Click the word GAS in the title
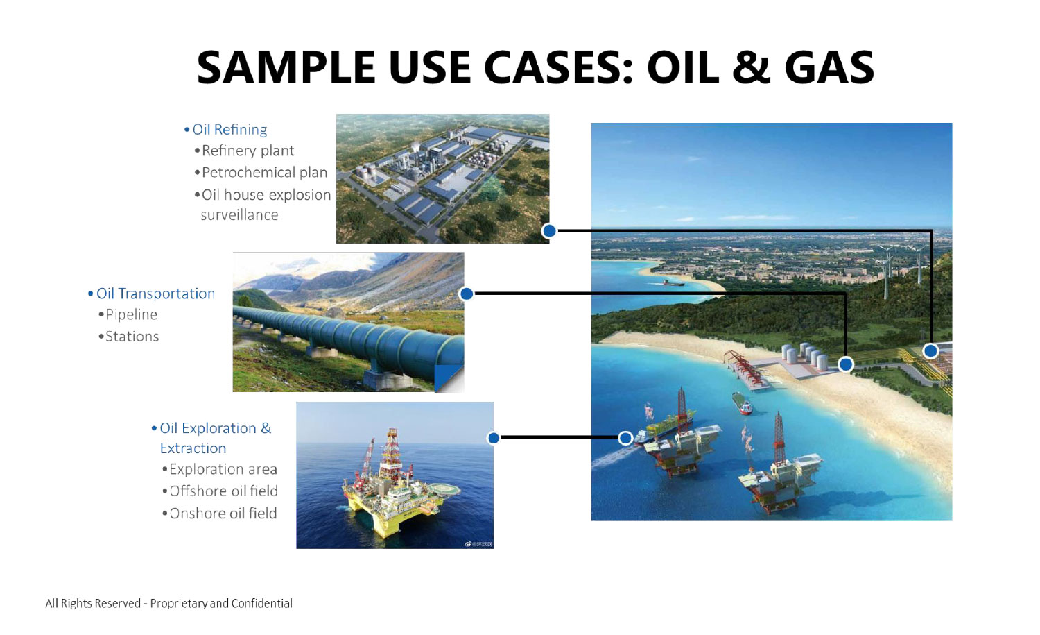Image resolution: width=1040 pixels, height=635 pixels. pyautogui.click(x=829, y=67)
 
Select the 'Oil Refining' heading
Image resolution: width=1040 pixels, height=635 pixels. pyautogui.click(x=229, y=130)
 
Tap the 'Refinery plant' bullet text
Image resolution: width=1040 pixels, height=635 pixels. pyautogui.click(x=248, y=151)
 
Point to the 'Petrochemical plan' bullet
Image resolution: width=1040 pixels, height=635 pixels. pyautogui.click(x=265, y=173)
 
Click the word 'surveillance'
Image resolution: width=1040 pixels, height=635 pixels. pyautogui.click(x=240, y=214)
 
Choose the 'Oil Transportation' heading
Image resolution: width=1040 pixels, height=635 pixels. pyautogui.click(x=155, y=294)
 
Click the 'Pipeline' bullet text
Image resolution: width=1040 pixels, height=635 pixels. pyautogui.click(x=132, y=314)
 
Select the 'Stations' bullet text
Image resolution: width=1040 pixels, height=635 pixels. pyautogui.click(x=132, y=337)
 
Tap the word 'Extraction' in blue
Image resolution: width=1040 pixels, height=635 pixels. pyautogui.click(x=193, y=448)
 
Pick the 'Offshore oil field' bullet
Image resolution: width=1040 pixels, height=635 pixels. pyautogui.click(x=224, y=491)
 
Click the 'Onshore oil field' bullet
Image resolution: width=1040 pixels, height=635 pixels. pyautogui.click(x=223, y=514)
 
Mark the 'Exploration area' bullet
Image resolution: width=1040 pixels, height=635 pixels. pyautogui.click(x=223, y=469)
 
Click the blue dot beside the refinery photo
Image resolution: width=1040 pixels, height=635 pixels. pyautogui.click(x=549, y=230)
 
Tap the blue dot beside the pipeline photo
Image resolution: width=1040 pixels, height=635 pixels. pyautogui.click(x=467, y=294)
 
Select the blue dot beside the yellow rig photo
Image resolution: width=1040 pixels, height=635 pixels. pyautogui.click(x=494, y=438)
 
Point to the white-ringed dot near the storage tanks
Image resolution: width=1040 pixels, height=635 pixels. pyautogui.click(x=846, y=364)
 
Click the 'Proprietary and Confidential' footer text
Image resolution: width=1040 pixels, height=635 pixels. pyautogui.click(x=221, y=603)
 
